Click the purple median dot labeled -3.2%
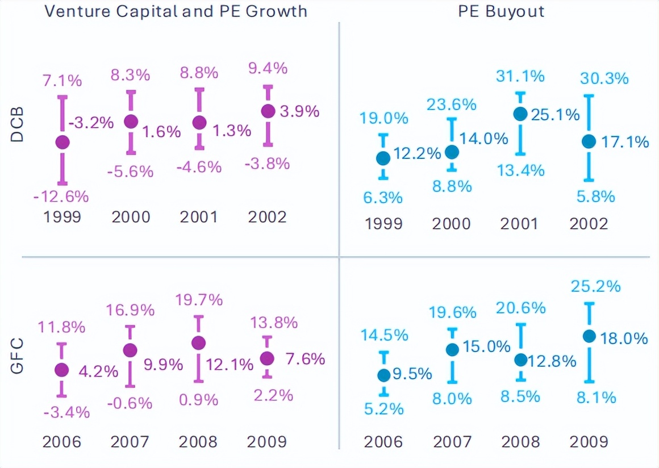click(62, 143)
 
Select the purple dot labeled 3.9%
click(268, 111)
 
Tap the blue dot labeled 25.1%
click(520, 114)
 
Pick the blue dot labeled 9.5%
click(383, 375)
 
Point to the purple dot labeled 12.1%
click(198, 343)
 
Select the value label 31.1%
click(520, 76)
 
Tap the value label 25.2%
click(596, 286)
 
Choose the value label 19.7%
click(198, 300)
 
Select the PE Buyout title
click(501, 11)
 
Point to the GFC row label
click(18, 356)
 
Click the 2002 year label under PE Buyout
click(589, 223)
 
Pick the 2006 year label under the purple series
click(62, 441)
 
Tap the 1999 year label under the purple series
click(62, 217)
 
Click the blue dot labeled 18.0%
click(589, 336)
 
